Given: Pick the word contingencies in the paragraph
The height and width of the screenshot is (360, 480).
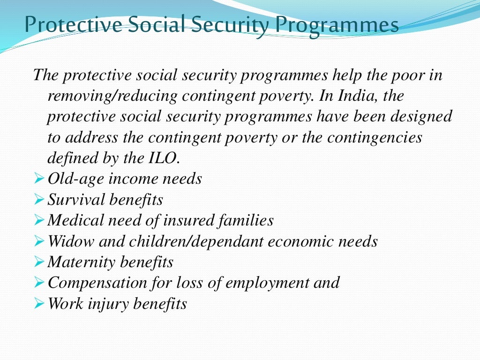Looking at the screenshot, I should point(375,137).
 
